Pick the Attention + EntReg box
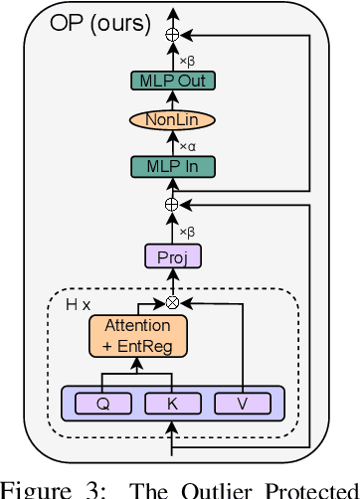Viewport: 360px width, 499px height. pyautogui.click(x=129, y=334)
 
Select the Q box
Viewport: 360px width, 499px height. pyautogui.click(x=101, y=404)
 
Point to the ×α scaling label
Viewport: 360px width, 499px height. pyautogui.click(x=186, y=145)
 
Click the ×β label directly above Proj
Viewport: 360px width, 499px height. pyautogui.click(x=186, y=231)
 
